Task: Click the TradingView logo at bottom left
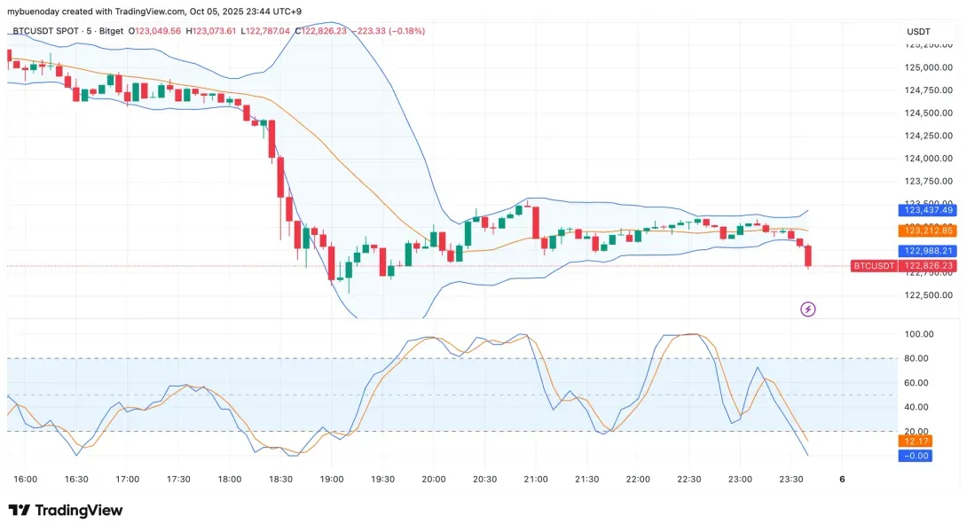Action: click(x=66, y=511)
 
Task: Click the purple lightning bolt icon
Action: click(x=808, y=309)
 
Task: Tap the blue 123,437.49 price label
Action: click(x=928, y=210)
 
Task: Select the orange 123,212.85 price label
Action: click(x=928, y=231)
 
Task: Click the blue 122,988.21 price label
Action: click(x=928, y=251)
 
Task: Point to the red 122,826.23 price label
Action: click(x=928, y=265)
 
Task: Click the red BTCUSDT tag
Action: click(x=873, y=265)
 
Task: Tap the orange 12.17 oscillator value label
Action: click(x=915, y=441)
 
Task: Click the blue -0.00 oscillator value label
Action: click(x=915, y=456)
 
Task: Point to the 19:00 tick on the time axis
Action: click(x=331, y=479)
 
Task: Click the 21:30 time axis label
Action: click(x=586, y=479)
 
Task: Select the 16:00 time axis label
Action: click(x=26, y=479)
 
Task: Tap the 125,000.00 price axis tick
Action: click(x=928, y=67)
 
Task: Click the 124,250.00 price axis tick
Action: click(x=928, y=136)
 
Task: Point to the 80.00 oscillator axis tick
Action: click(x=919, y=358)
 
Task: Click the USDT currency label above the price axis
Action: click(x=918, y=31)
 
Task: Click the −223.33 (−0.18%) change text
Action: click(x=390, y=31)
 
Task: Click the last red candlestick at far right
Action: click(x=808, y=255)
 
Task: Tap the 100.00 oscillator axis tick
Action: click(x=919, y=334)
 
